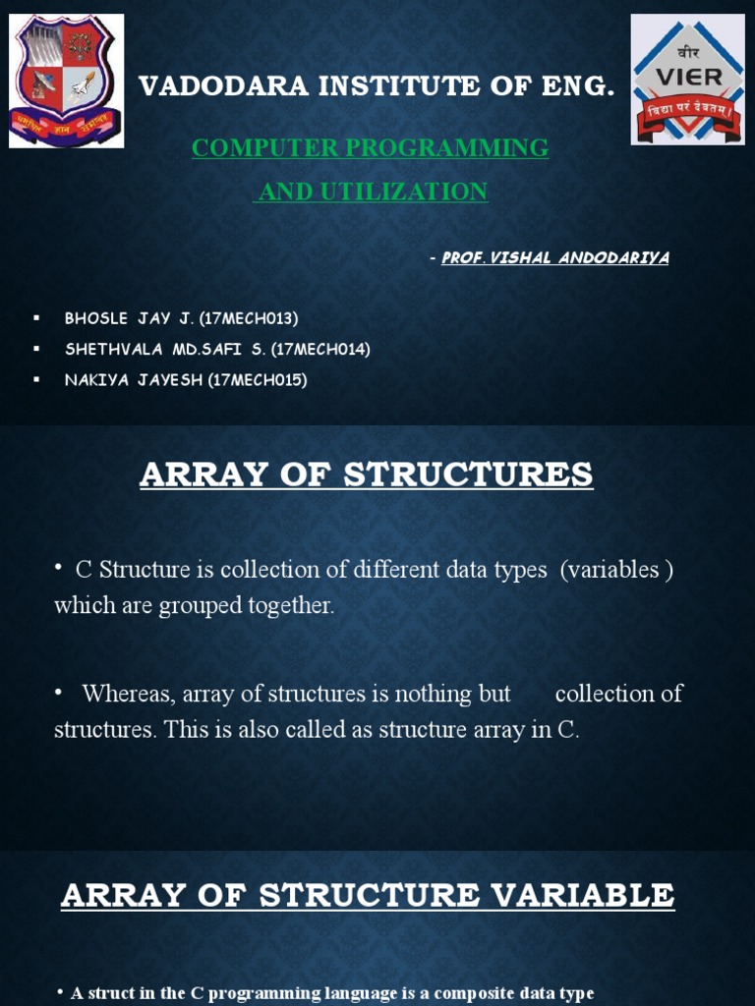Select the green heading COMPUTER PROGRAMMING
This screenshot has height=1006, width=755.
[x=370, y=148]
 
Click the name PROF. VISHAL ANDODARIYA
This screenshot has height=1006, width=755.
[x=555, y=257]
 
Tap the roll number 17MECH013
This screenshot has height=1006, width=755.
[x=252, y=318]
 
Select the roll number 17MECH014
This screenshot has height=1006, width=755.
[x=323, y=349]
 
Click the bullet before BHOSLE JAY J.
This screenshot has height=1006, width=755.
[x=36, y=317]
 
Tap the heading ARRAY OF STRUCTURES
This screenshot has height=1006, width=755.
[x=367, y=475]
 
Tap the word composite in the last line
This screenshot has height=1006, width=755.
[x=467, y=993]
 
